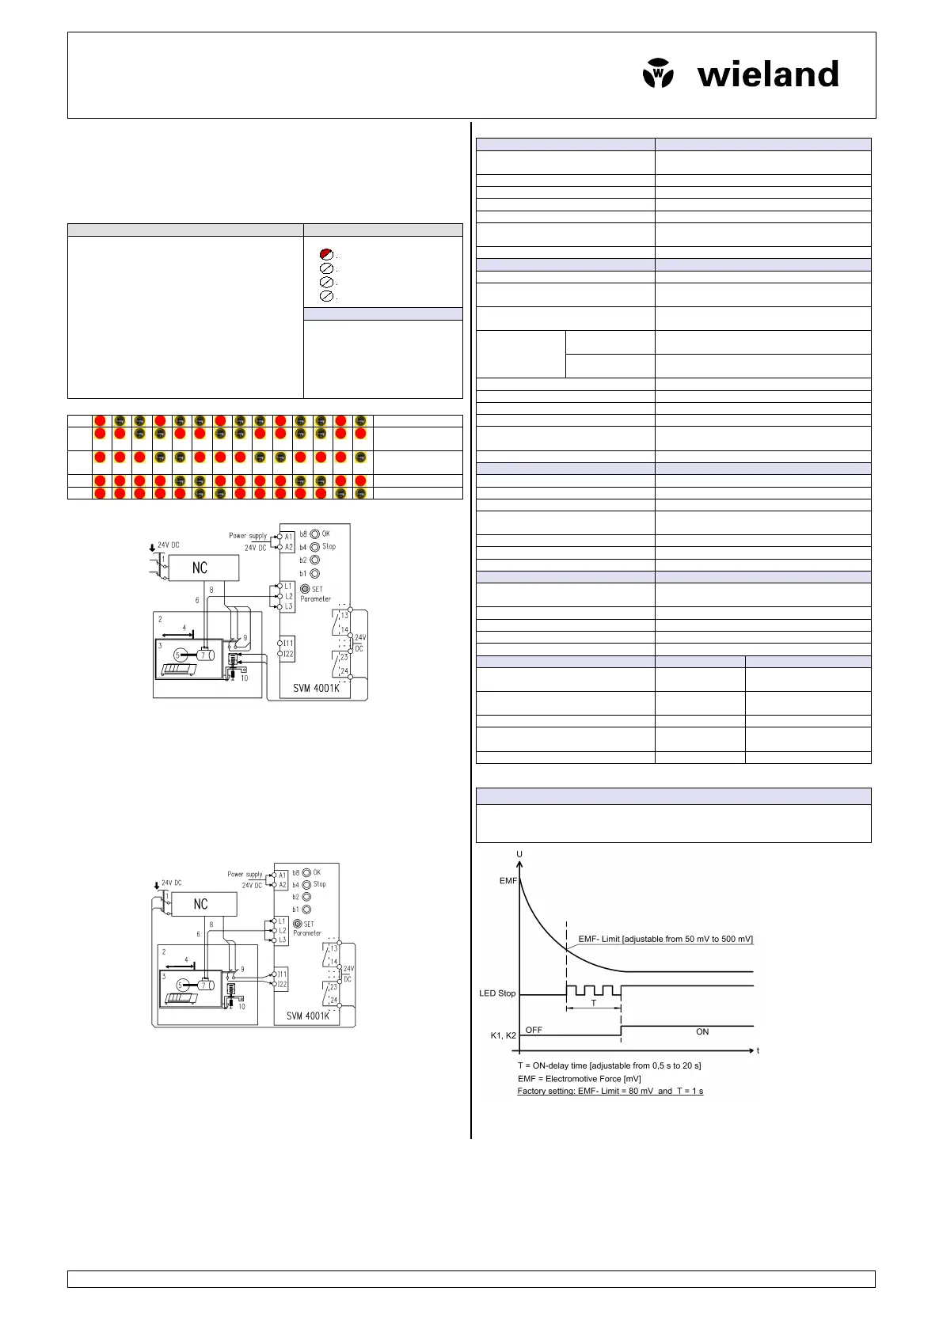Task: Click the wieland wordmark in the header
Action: [767, 75]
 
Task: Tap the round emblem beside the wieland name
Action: [658, 74]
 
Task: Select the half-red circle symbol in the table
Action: [326, 254]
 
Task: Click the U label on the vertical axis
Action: [519, 854]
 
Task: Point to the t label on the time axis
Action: [758, 1050]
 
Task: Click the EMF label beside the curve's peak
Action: [508, 880]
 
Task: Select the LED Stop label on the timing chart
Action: [497, 993]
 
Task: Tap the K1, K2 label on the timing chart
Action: [503, 1035]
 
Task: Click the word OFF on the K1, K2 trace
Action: [534, 1030]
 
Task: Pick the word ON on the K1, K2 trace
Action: [702, 1031]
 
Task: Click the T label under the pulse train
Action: [594, 1003]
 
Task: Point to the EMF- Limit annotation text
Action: [665, 939]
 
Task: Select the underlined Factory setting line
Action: [610, 1091]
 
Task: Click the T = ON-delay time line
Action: [609, 1065]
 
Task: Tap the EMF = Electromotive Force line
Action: [579, 1078]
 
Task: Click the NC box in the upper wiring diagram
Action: [200, 568]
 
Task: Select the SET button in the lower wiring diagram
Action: [298, 924]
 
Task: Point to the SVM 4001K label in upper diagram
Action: [316, 688]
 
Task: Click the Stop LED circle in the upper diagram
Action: [314, 547]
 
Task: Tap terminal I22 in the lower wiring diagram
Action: [280, 985]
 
